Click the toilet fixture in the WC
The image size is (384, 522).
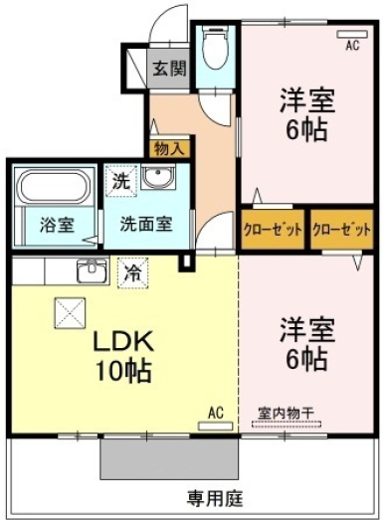click(x=215, y=48)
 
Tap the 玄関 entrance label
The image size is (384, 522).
click(x=169, y=69)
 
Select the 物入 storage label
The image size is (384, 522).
click(x=169, y=149)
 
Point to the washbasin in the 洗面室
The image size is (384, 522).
click(x=158, y=177)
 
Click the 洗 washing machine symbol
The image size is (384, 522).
click(x=121, y=181)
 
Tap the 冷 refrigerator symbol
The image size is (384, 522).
click(x=132, y=273)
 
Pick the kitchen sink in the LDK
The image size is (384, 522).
click(x=93, y=270)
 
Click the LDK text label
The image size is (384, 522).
click(x=123, y=341)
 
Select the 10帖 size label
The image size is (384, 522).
click(x=123, y=371)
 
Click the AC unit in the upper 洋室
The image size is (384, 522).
click(x=352, y=34)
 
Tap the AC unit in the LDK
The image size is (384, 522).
click(x=215, y=427)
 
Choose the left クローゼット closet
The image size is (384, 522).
click(x=273, y=229)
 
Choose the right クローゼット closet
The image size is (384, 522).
click(x=341, y=229)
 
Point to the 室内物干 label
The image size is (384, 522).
click(x=286, y=414)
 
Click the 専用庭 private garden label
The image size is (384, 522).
click(x=215, y=498)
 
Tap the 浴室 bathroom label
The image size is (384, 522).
click(x=57, y=225)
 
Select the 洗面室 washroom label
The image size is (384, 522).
click(x=146, y=224)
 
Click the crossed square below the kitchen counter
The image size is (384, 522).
click(x=70, y=313)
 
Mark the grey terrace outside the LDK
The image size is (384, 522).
click(x=169, y=459)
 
